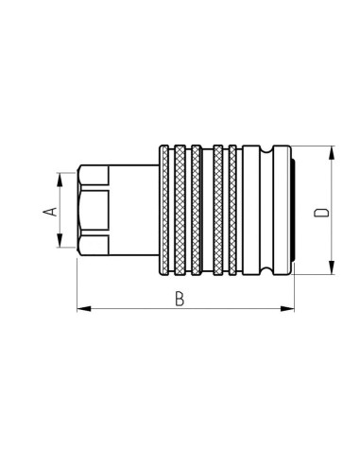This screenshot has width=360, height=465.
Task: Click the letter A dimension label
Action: pyautogui.click(x=51, y=213)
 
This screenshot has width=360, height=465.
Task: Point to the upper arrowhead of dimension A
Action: pyautogui.click(x=61, y=178)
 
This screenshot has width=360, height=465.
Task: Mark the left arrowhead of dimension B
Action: pyautogui.click(x=81, y=308)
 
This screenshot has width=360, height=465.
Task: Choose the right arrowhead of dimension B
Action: pyautogui.click(x=289, y=308)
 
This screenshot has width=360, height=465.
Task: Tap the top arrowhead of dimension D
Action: pyautogui.click(x=333, y=151)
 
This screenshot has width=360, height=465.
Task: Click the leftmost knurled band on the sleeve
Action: pyautogui.click(x=166, y=212)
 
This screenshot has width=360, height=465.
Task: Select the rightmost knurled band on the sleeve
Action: pyautogui.click(x=232, y=212)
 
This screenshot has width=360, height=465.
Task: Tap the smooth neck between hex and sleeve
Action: pyautogui.click(x=132, y=212)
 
